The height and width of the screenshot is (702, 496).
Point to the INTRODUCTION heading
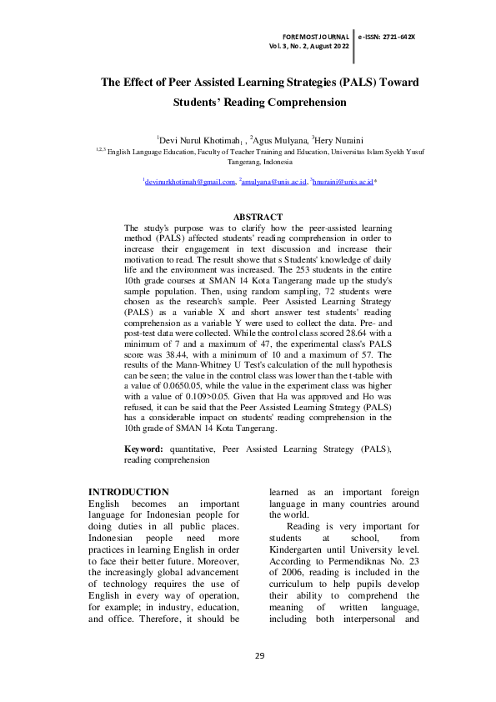(128, 492)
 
